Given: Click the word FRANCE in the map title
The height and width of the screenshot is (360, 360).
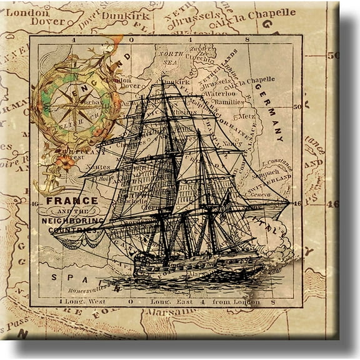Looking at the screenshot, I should click(x=72, y=201).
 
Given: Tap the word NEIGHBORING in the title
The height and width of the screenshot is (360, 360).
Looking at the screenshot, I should click(x=73, y=221).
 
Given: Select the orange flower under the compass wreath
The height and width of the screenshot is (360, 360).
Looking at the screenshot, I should click(x=65, y=161).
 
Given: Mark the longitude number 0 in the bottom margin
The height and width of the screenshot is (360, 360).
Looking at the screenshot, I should click(x=130, y=301).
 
